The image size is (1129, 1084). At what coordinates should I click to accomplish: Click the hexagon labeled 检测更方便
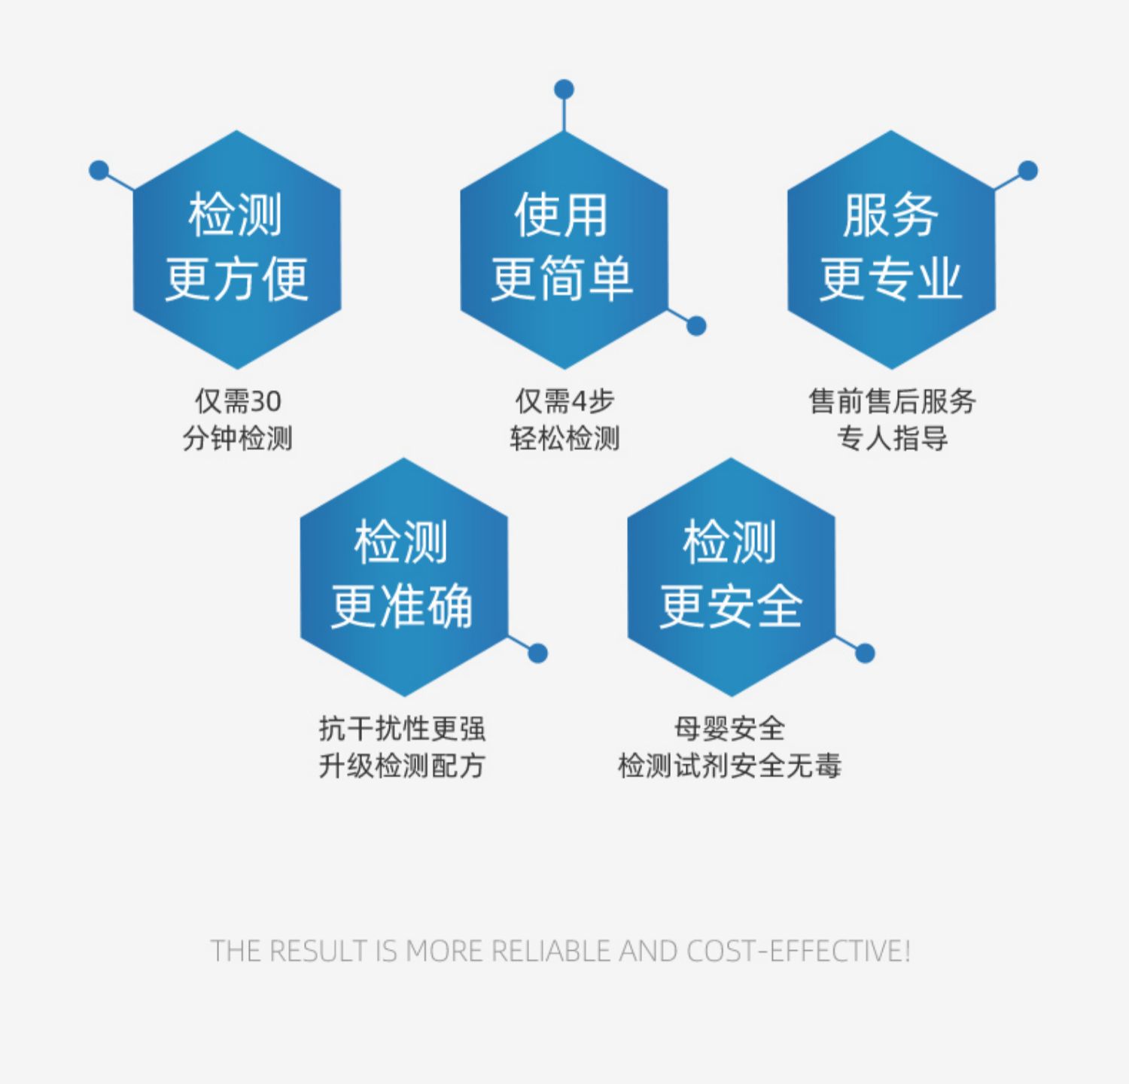coord(237,248)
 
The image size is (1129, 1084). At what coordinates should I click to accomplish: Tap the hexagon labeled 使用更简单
coord(564,248)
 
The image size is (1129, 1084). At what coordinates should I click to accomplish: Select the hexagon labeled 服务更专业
coord(891,248)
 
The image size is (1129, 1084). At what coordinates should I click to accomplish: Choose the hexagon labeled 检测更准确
coord(403,576)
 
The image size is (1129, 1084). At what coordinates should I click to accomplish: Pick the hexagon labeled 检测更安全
coord(731,576)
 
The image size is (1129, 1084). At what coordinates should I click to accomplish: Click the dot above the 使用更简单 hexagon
coord(564,90)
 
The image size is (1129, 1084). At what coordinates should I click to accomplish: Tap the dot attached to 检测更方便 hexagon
coord(99,170)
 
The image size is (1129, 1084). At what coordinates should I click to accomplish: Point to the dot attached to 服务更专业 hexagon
coord(1027,171)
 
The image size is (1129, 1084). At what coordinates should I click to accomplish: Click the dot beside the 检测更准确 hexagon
coord(537,653)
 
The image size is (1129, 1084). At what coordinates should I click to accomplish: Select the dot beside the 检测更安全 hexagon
coord(865,653)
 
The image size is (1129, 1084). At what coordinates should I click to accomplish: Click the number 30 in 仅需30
coord(265,401)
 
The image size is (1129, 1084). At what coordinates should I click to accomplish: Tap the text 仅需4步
coord(564,401)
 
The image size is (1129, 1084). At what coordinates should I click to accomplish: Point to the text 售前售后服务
coord(892,401)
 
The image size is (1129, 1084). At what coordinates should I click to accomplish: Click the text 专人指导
coord(892,438)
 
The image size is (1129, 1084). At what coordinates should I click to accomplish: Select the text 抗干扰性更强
coord(402,729)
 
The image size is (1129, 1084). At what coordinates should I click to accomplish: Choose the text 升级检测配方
coord(402,766)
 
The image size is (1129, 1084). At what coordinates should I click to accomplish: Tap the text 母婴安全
coord(729,729)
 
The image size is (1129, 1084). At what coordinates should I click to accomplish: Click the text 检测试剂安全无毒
coord(729,766)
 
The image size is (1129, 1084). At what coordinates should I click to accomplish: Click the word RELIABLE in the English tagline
coord(552,952)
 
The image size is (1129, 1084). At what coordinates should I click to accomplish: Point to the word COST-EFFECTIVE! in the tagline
coord(798,952)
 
